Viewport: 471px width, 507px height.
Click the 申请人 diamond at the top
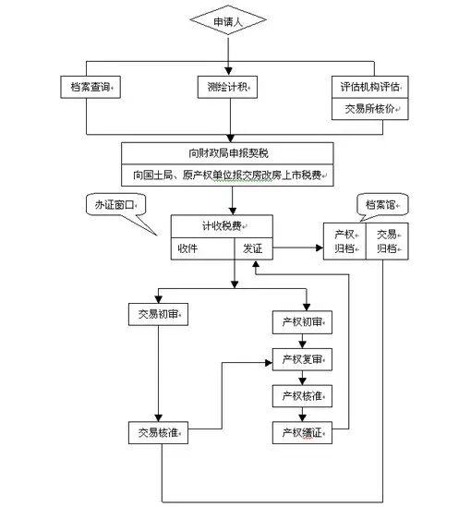pos(228,20)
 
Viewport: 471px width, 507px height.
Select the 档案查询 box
pos(91,87)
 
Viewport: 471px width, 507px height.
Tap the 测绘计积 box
pos(227,87)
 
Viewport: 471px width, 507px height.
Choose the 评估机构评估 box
pos(369,87)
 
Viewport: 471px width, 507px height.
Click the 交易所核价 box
pos(369,109)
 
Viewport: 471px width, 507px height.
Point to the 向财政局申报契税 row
pos(227,153)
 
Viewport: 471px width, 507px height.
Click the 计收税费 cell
pos(222,226)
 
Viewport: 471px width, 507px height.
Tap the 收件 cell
pos(202,248)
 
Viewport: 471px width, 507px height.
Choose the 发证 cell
pos(253,248)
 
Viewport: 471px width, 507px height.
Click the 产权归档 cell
pos(344,241)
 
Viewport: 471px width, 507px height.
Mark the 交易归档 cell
pos(387,241)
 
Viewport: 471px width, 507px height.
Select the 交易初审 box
pos(158,314)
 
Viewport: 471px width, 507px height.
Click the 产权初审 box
pos(302,322)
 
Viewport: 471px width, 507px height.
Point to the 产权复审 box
pos(302,359)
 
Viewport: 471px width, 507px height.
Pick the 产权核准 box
pos(302,396)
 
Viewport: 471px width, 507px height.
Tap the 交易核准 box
pos(158,432)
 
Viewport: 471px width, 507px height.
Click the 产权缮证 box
pos(302,432)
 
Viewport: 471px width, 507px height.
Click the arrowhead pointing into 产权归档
pos(320,248)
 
